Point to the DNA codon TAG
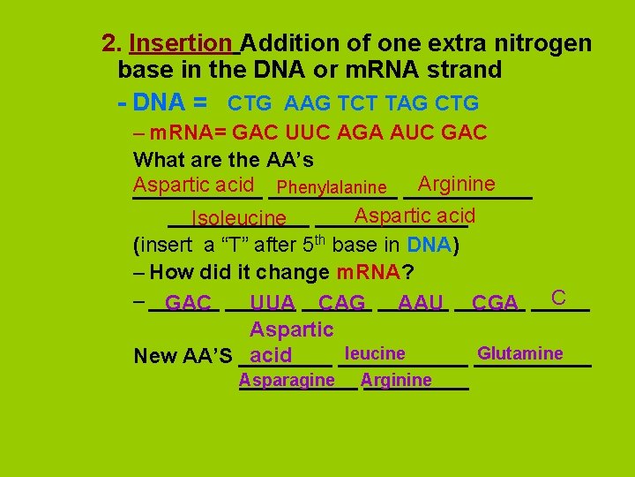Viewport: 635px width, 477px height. (406, 103)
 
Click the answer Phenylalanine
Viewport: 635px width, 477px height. (332, 187)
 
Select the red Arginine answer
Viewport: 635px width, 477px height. (456, 184)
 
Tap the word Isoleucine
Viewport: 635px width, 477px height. (238, 218)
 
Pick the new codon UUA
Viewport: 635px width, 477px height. (273, 303)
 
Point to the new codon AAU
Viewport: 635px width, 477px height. (420, 303)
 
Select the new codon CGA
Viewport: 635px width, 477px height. (495, 303)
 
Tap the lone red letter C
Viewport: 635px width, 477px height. (557, 297)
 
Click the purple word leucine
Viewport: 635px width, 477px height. (375, 353)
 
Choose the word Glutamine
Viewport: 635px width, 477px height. (519, 353)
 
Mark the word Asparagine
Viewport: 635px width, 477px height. (287, 380)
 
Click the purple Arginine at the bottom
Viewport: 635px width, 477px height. (396, 380)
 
